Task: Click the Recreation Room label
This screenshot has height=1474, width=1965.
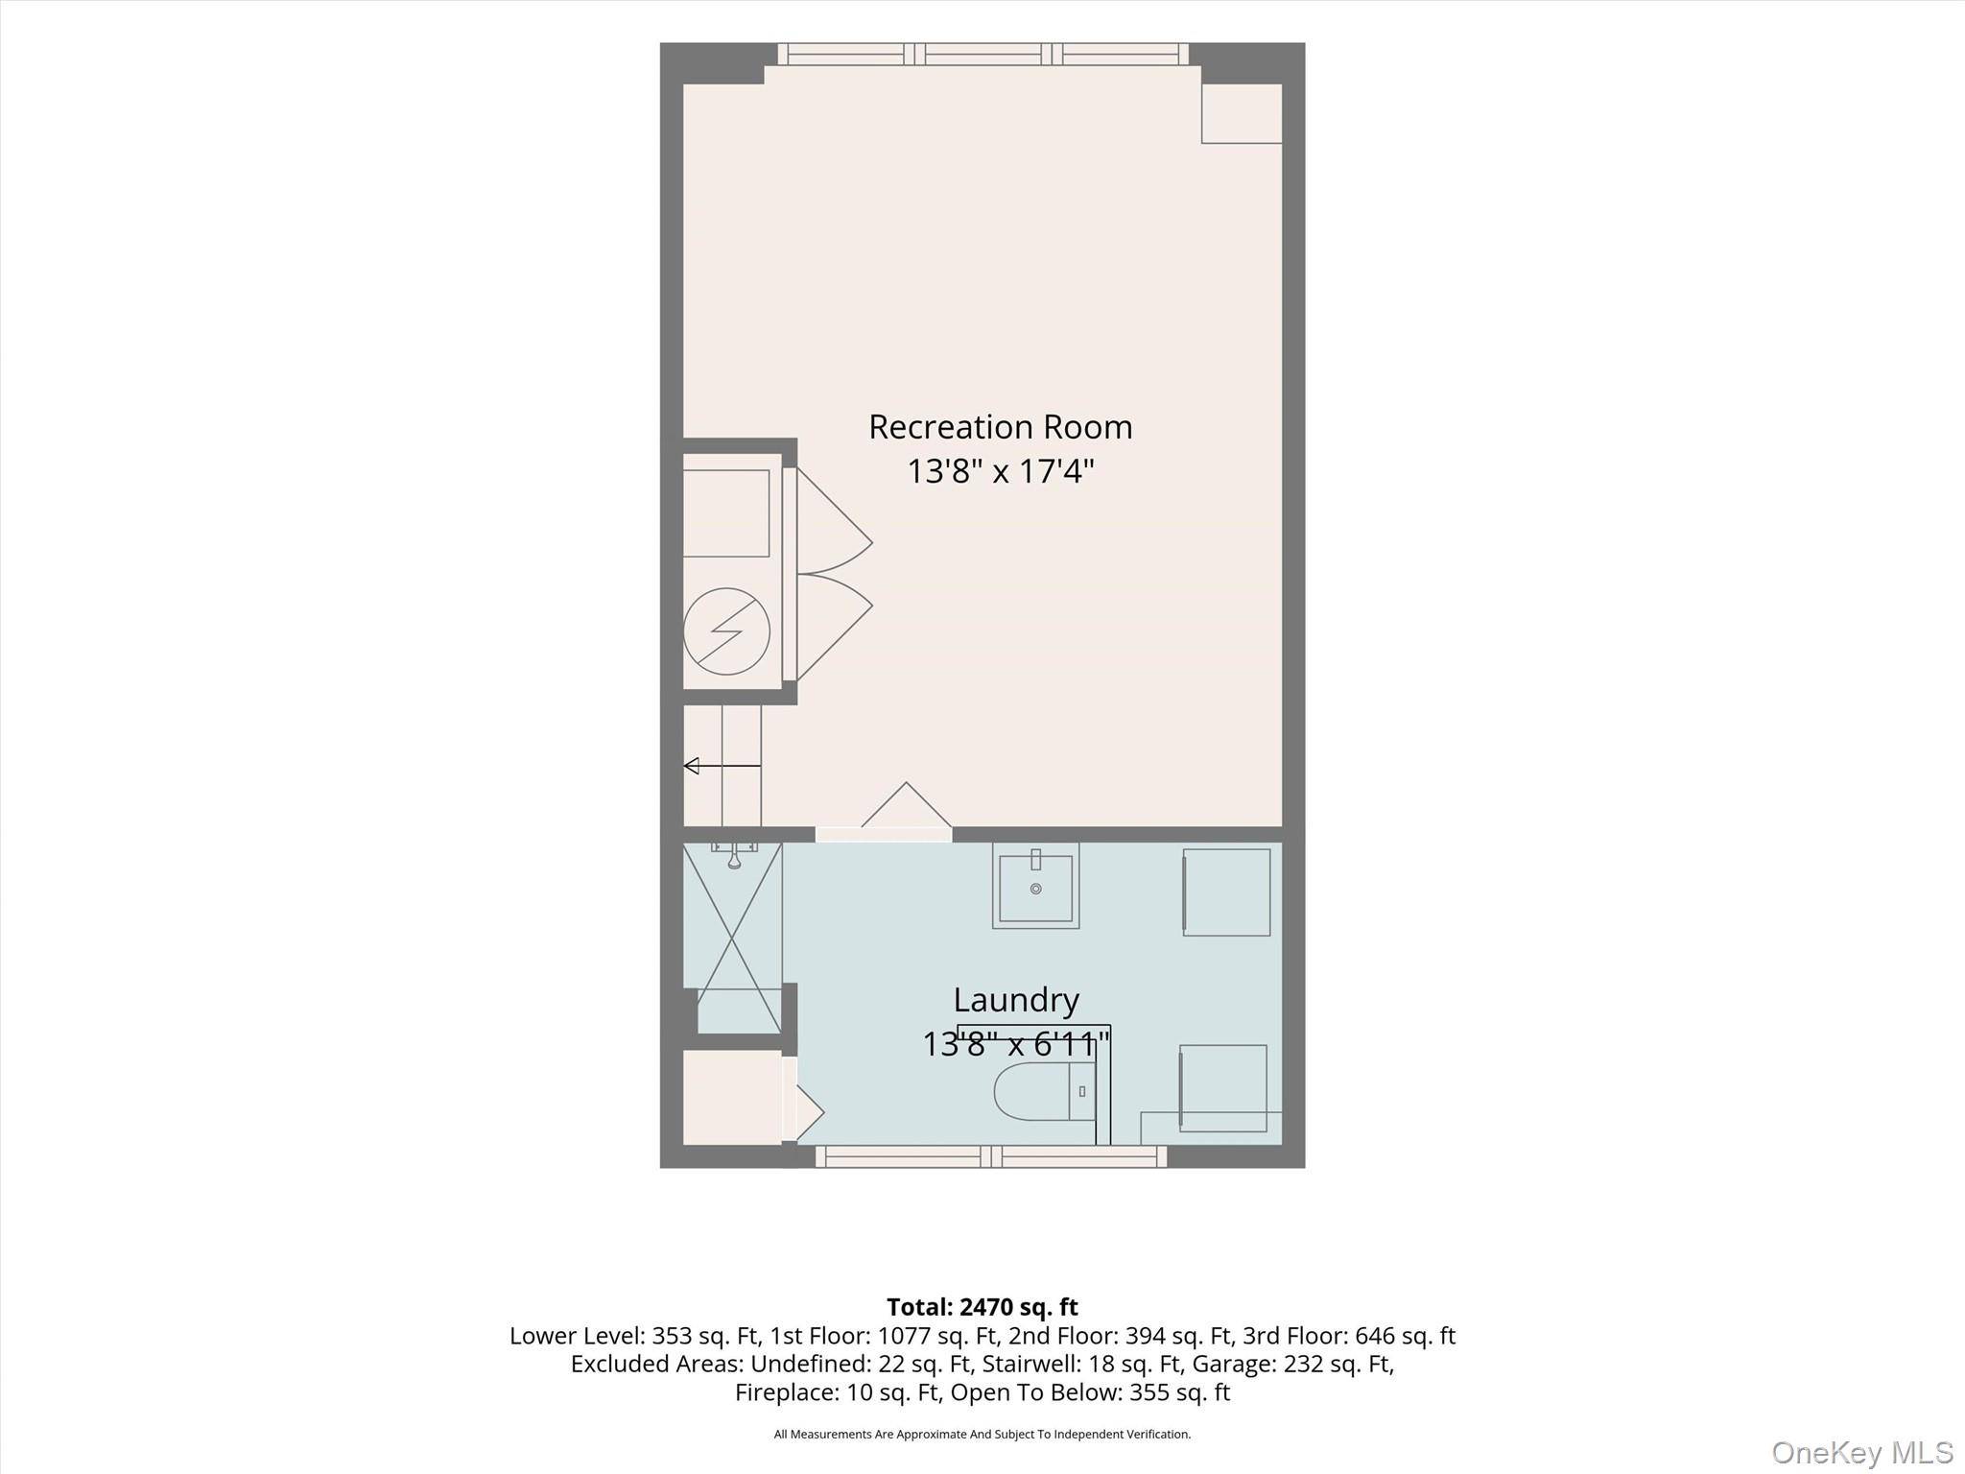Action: tap(1001, 427)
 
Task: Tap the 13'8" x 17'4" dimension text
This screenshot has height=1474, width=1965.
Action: tap(1001, 472)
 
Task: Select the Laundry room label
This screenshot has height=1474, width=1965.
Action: tap(1016, 1001)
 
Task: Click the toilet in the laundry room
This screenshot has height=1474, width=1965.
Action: tap(1044, 1091)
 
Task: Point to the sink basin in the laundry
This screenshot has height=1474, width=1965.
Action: tap(1035, 887)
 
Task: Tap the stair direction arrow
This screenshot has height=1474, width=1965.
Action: tap(722, 766)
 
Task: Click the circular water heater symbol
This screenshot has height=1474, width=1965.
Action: tap(726, 630)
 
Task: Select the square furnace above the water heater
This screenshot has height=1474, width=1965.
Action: tap(726, 513)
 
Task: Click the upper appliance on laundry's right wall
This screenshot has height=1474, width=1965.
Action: tap(1226, 892)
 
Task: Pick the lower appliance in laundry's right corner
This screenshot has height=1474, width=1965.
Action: tap(1222, 1088)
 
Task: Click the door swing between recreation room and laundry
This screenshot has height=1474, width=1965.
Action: tap(907, 806)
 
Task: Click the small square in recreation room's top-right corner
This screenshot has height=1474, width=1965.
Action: tap(1242, 113)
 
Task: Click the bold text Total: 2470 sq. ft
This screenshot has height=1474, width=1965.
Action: tap(982, 1307)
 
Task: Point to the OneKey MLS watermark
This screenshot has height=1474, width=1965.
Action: tap(1862, 1452)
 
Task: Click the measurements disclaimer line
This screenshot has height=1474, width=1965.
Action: tap(982, 1435)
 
